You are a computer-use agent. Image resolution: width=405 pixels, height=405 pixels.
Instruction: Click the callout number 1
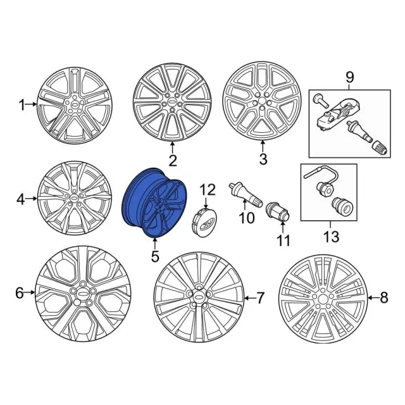pos(22,105)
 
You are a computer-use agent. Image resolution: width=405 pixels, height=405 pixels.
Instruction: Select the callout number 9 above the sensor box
pos(349,77)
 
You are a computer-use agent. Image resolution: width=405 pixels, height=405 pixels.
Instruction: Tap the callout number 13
pos(332,236)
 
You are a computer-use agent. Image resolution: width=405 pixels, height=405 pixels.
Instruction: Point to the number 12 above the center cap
pos(208,190)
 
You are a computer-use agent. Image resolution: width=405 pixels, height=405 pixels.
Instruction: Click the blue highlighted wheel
pos(154,202)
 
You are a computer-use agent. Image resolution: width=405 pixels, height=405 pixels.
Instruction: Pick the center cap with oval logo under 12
pos(205,223)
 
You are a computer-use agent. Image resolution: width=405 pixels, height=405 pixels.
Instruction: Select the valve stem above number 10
pos(245,195)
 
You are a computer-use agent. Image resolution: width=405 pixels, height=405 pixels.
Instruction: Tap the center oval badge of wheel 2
pos(172,103)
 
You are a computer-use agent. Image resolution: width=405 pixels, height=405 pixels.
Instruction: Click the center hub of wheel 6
pos(83,293)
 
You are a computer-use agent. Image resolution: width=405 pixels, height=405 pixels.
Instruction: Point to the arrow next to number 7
pos(249,298)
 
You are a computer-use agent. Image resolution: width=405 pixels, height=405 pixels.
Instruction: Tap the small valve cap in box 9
pos(380,148)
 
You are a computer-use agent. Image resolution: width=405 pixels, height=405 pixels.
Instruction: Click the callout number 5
pos(155,256)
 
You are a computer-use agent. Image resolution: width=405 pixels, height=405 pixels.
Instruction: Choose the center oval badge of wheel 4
pos(74,197)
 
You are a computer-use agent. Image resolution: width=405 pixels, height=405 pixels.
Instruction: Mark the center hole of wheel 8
pos(321,299)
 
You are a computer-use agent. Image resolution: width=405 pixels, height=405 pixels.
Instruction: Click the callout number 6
pos(20,293)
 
